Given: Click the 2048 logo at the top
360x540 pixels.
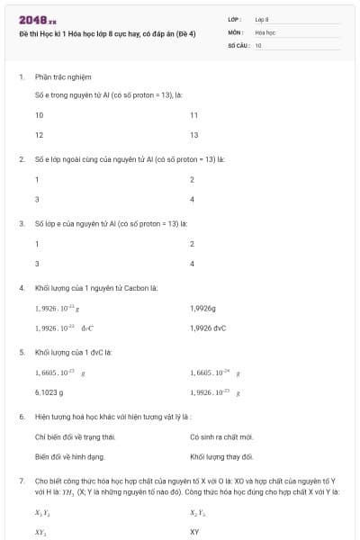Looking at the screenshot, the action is point(38,19).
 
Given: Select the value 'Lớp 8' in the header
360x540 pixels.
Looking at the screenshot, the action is point(262,19).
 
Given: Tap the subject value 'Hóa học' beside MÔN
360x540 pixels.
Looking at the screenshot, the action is point(265,31).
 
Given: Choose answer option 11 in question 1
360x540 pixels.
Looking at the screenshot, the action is point(194,116).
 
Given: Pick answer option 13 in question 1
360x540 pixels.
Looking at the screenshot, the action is point(194,135).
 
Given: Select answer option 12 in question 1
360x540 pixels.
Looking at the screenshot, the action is point(40,135).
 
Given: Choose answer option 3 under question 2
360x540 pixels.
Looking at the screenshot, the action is point(37,198).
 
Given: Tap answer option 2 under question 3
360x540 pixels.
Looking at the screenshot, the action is point(193,244).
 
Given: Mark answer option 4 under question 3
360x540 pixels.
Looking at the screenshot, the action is point(193,263).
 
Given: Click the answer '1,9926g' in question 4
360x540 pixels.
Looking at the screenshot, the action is point(203,309).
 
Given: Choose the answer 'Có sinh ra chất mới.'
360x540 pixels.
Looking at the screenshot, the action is point(221,437).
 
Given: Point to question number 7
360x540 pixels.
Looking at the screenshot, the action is point(21,482).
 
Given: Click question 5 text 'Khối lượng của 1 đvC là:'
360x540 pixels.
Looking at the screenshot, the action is point(74,352).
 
